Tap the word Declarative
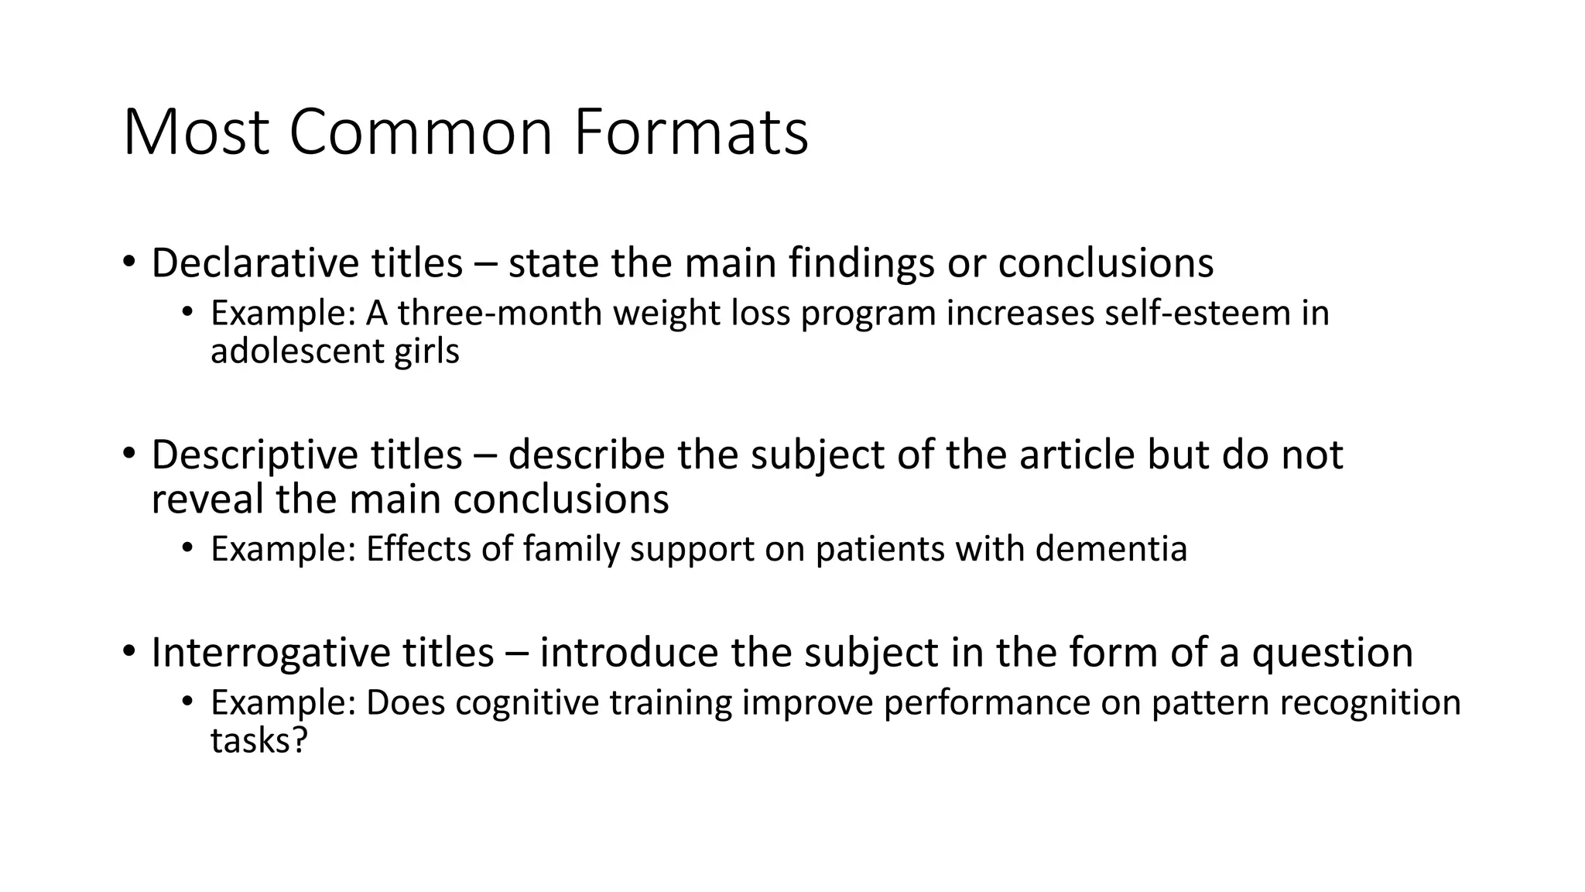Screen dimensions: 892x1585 tap(255, 263)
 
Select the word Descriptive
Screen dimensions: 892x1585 tap(255, 455)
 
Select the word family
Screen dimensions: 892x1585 tap(571, 549)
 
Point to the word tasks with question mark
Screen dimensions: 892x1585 tap(259, 741)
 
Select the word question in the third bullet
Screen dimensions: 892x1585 tap(1332, 653)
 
